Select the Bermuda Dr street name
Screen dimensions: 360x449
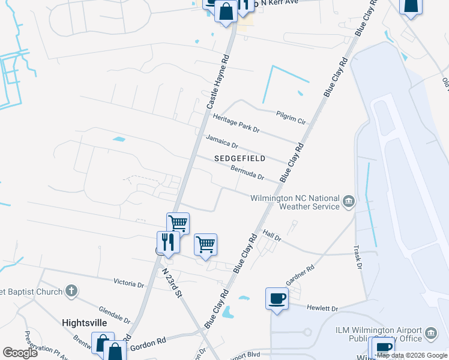tap(247, 172)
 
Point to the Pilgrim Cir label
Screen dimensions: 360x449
tap(291, 117)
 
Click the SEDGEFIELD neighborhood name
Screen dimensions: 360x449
tap(240, 158)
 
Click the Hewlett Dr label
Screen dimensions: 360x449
tap(322, 308)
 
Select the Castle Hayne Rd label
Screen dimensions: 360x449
tap(218, 82)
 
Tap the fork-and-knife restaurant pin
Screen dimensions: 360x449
tap(167, 242)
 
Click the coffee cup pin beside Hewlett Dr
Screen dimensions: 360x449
tap(277, 298)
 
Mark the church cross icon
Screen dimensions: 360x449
tap(71, 292)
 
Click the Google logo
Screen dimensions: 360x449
tap(20, 353)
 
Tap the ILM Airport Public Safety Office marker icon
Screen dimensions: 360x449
tap(430, 332)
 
